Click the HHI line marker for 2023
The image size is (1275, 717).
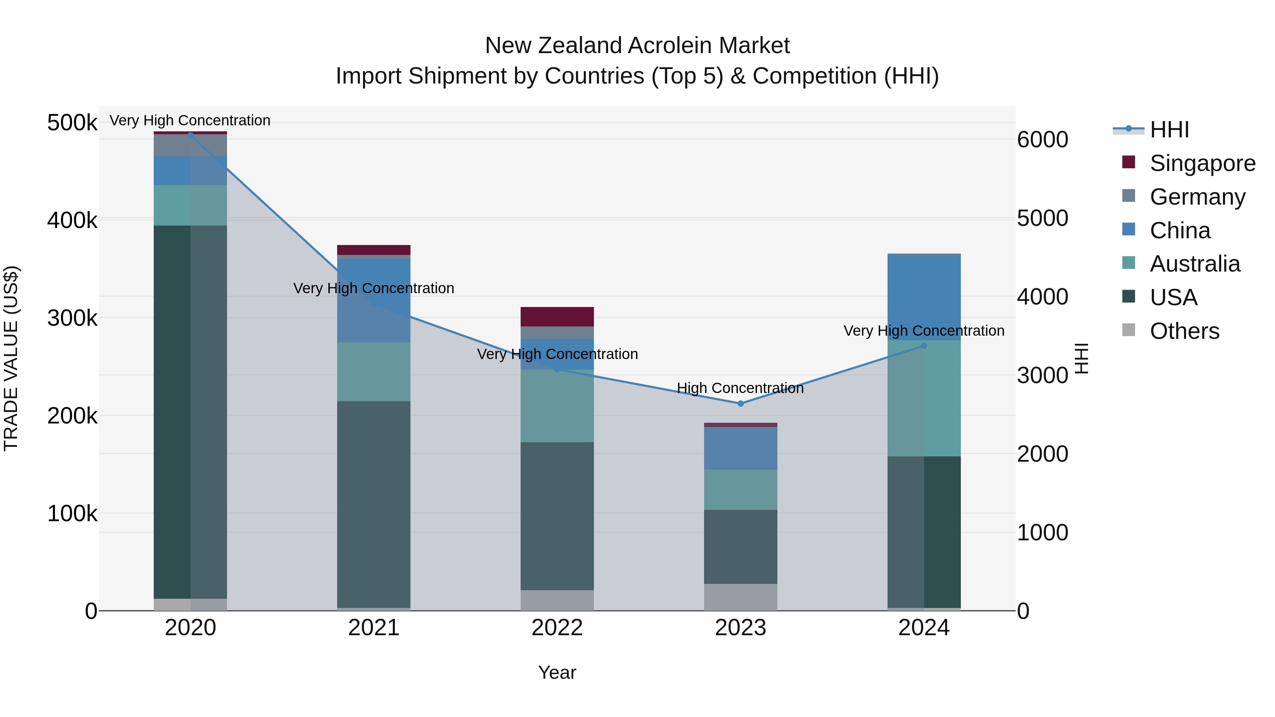point(741,404)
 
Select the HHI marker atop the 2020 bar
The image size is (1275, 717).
point(191,135)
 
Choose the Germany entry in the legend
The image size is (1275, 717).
point(1197,197)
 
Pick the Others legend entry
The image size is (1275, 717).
point(1184,331)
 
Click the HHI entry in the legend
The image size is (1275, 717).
point(1169,130)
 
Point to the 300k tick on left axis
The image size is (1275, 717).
point(72,318)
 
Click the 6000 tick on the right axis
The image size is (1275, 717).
point(1042,140)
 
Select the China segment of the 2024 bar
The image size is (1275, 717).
point(924,297)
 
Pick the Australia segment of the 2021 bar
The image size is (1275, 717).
point(374,372)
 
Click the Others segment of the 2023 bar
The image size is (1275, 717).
point(741,597)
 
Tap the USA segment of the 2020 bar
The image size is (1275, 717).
point(191,411)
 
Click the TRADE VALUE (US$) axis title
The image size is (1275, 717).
point(11,358)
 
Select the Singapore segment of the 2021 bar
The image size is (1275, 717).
point(374,250)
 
